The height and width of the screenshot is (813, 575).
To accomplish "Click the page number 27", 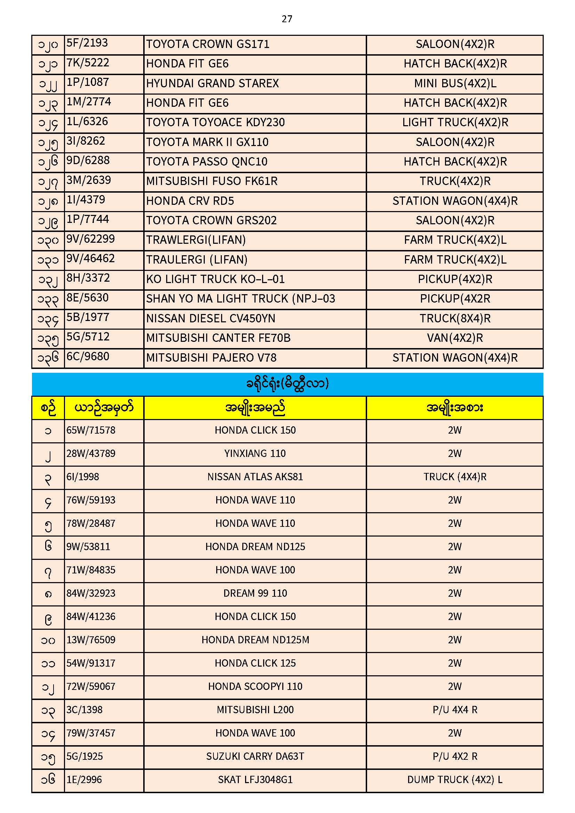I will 287,19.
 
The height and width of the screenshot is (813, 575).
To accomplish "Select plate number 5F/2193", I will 87,43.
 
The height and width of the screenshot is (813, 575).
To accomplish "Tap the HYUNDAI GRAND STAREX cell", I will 212,83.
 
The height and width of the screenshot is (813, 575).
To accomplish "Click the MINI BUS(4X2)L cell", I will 455,83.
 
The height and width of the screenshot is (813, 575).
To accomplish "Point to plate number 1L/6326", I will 87,122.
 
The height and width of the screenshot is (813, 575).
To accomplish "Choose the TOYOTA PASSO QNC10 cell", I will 207,162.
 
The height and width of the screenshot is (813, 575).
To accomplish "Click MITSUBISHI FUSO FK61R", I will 212,181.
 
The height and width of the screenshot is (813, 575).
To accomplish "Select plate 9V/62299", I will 91,239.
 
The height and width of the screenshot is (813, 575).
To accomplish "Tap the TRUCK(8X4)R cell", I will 455,319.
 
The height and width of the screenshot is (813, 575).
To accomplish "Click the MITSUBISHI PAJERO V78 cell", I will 211,358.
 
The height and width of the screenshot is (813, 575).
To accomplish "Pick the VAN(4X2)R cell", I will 455,338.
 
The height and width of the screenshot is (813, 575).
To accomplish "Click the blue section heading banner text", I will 287,384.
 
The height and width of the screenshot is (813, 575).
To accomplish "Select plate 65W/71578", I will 91,430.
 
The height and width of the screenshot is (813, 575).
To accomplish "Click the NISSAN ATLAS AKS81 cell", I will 255,477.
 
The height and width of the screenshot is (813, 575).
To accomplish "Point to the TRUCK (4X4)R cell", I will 455,477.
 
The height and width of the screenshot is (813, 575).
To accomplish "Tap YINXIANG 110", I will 255,454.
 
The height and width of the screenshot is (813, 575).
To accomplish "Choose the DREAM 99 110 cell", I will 255,594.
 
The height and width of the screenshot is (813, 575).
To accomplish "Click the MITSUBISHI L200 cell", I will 255,710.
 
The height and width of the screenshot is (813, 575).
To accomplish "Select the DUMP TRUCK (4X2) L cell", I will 455,780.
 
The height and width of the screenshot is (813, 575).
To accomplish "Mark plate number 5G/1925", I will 84,757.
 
